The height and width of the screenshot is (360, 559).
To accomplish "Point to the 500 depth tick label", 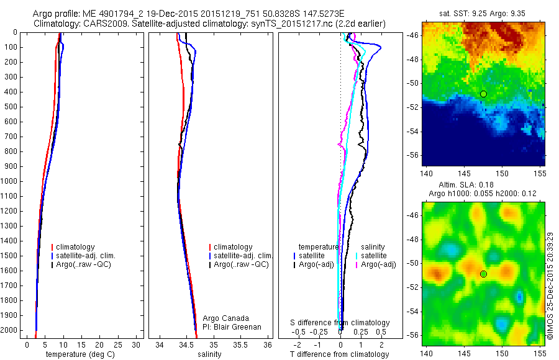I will click(10, 107).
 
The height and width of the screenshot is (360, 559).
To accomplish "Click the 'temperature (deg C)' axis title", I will click(78, 354).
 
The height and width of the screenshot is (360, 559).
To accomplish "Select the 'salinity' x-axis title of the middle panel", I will click(209, 354).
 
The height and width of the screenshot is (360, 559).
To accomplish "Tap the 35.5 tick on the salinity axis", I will click(240, 344).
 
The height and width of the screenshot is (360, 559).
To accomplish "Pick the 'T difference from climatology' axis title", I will click(340, 354).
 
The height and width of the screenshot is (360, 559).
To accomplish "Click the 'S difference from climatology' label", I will click(340, 323).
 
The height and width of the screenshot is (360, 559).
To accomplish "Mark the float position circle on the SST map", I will click(483, 94).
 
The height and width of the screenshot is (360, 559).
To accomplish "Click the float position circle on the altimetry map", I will click(483, 274).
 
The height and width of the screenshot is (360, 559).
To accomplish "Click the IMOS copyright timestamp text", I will click(551, 286).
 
